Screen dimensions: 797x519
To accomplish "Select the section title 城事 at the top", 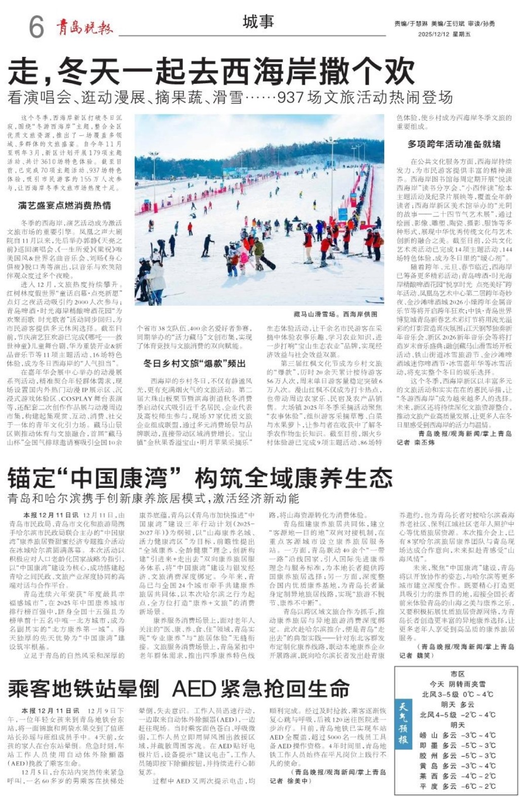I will pyautogui.click(x=258, y=22).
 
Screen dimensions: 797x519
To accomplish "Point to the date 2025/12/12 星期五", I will pyautogui.click(x=444, y=34).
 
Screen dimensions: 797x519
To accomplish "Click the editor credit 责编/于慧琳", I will pyautogui.click(x=411, y=24).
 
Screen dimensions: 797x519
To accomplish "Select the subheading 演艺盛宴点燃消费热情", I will pyautogui.click(x=64, y=205).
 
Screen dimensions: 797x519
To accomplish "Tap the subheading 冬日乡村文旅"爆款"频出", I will pyautogui.click(x=195, y=363).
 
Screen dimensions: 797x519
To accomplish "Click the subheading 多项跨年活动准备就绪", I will pyautogui.click(x=454, y=144).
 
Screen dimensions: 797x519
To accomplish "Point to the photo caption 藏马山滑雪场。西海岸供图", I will pyautogui.click(x=335, y=314).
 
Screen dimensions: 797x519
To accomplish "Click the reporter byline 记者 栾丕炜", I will pyautogui.click(x=416, y=442).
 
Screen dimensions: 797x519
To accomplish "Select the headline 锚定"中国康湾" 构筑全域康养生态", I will pyautogui.click(x=200, y=478).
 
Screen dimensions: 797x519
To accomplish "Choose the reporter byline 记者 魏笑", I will pyautogui.click(x=416, y=655).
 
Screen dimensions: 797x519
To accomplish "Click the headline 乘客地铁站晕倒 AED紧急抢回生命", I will pyautogui.click(x=179, y=689).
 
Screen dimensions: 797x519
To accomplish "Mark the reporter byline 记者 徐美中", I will pyautogui.click(x=289, y=781).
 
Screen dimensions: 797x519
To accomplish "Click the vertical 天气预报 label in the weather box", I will pyautogui.click(x=403, y=722).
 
